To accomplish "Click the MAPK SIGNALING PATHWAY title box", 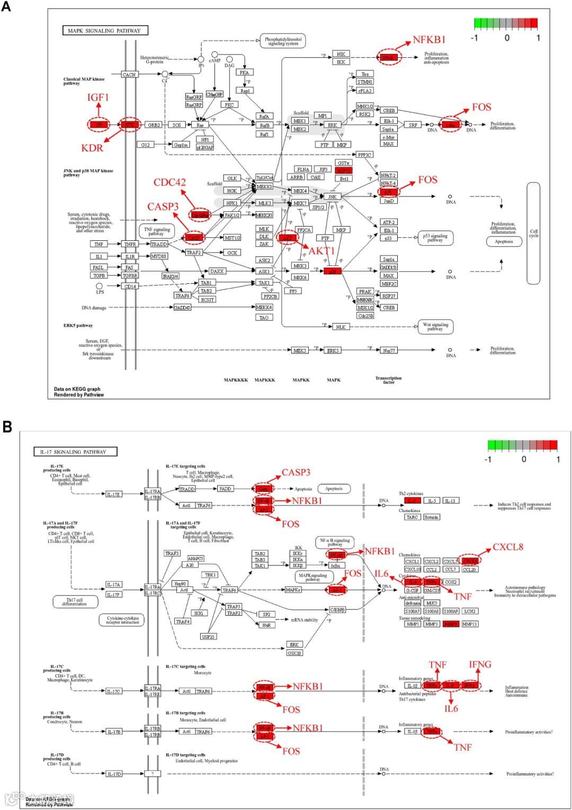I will coord(105,30).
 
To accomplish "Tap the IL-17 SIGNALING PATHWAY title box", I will coord(75,452).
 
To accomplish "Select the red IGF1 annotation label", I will coord(98,97).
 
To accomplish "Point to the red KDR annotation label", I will coord(92,148).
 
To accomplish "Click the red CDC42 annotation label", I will coord(169,183).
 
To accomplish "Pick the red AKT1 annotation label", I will coord(322,250).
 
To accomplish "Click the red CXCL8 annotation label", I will coord(507,547).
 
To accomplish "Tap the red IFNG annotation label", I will coord(480,664).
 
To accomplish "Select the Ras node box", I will coord(200,125).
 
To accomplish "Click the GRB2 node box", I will coord(154,125).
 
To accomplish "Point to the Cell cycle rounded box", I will coord(533,233).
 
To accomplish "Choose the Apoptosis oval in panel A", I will coord(504,241).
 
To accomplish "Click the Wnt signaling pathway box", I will coord(435,327).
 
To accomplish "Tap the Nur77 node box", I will coord(389,350).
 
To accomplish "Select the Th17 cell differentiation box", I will coord(74,601).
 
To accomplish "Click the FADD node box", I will coord(225,489).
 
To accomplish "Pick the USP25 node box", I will coord(209,636).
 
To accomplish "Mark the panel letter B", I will coord(7,426).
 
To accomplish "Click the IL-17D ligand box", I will coord(114,773).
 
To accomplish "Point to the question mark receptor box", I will coord(152,773).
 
